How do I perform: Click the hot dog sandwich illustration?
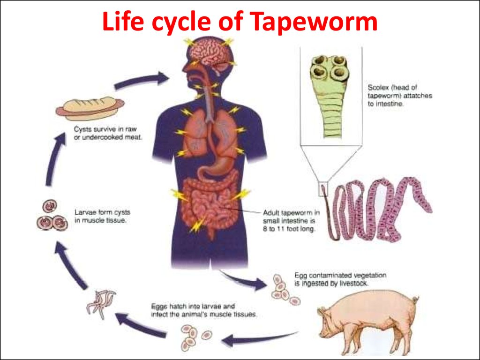pos(90,108)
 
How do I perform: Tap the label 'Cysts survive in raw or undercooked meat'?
pos(107,133)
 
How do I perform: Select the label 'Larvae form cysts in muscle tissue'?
pos(100,216)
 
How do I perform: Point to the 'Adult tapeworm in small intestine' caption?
pos(291,220)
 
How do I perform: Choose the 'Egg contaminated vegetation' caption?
pos(340,279)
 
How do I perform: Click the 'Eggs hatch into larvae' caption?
pos(203,310)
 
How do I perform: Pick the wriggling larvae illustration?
pos(101,302)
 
